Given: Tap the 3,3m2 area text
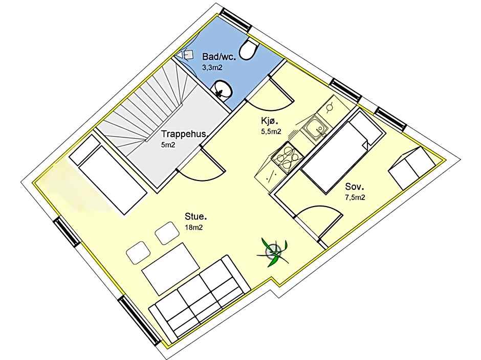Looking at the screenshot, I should tap(212, 67).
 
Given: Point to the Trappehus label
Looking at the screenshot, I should tap(184, 134).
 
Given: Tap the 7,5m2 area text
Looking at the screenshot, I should tap(355, 197).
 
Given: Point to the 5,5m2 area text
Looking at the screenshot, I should tap(271, 131).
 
